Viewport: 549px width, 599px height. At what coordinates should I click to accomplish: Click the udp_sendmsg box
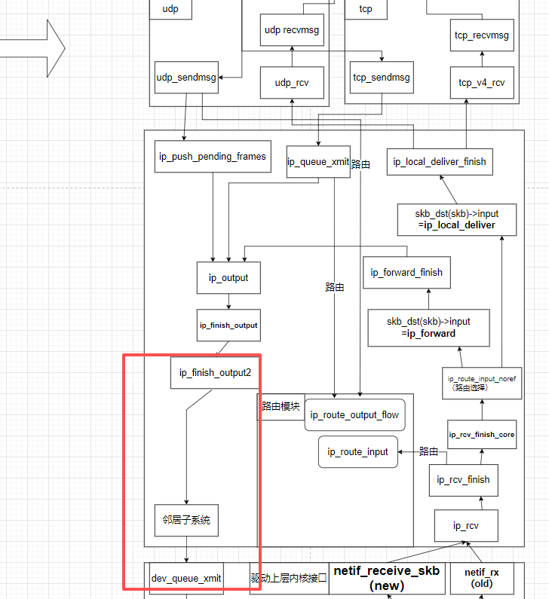coord(186,78)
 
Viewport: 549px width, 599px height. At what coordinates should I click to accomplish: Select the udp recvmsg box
coord(293,30)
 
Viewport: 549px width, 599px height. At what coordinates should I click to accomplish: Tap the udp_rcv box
coord(293,82)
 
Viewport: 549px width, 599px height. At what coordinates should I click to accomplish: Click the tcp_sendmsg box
coord(382,78)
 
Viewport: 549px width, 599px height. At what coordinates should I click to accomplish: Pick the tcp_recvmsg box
coord(482,35)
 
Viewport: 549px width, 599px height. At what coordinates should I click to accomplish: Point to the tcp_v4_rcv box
coord(482,82)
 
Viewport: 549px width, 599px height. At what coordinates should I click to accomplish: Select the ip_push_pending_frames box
coord(212,157)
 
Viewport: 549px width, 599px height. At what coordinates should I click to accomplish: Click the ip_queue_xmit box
coord(318,161)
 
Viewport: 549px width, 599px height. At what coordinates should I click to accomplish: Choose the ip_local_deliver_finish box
coord(440,161)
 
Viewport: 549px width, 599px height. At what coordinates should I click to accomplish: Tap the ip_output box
coord(228,277)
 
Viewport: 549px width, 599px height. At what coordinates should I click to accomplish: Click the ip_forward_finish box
coord(406,272)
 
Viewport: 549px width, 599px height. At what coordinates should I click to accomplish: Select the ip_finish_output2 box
coord(215,372)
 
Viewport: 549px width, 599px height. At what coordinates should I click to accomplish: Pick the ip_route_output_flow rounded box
coord(354,415)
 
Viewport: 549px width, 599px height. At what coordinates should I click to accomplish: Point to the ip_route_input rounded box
coord(357,452)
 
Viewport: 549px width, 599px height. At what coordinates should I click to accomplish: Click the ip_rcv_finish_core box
coord(482,435)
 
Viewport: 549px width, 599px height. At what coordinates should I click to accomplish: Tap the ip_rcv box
coord(465,525)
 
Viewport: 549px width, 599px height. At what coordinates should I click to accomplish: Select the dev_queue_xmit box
coord(186,579)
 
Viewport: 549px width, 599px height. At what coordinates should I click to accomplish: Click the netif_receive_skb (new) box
coord(387,579)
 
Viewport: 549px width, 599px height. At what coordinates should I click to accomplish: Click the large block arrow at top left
coord(34,47)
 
